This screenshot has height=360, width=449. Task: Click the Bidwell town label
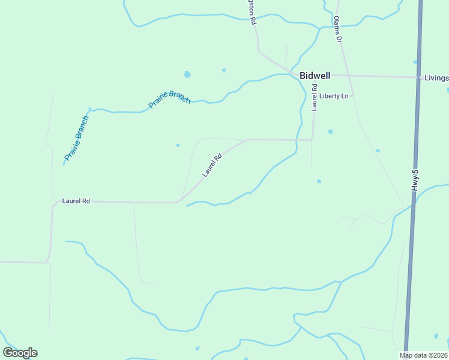315,76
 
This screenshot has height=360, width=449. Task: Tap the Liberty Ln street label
334,96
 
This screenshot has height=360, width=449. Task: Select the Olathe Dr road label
338,29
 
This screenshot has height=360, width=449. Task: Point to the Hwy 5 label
414,181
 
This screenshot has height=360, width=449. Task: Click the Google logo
20,353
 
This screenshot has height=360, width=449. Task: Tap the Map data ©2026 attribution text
424,355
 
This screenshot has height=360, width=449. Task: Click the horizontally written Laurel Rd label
76,202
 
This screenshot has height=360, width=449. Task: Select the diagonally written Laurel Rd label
212,164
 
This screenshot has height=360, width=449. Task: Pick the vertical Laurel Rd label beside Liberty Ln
314,98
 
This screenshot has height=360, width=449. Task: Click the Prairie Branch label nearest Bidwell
169,98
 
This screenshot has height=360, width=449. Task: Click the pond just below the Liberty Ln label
330,131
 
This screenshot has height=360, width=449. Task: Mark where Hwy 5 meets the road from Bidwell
418,77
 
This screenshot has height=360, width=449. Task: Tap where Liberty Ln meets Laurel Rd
314,96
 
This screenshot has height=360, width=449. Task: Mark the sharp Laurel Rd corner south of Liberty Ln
312,139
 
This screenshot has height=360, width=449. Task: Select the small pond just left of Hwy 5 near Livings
415,62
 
